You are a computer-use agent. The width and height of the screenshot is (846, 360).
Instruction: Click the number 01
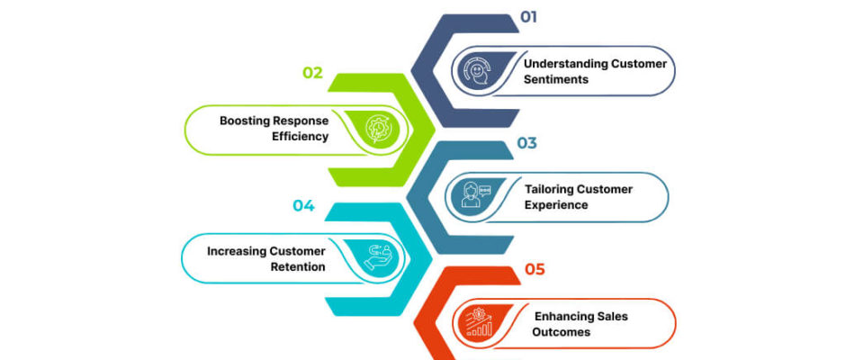tap(529, 17)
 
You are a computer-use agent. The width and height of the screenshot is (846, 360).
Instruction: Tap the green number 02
tap(312, 73)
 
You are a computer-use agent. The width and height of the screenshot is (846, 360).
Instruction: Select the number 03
tap(527, 143)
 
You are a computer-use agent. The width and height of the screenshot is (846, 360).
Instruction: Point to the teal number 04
tap(303, 205)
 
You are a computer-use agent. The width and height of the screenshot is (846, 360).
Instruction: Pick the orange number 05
tap(535, 269)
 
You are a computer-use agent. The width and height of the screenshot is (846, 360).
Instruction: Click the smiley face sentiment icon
tap(477, 72)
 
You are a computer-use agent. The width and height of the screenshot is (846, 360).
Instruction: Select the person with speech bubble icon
tap(473, 194)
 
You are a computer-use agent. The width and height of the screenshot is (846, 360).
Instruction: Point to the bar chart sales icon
tap(479, 321)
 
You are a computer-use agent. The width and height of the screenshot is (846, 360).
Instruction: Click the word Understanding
tap(565, 64)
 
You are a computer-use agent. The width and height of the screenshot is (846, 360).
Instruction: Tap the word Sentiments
tap(556, 80)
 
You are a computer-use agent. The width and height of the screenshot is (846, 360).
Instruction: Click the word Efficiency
tap(302, 137)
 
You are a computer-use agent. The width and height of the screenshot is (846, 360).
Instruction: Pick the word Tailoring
tap(549, 189)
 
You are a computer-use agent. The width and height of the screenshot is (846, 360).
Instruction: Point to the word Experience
tap(556, 205)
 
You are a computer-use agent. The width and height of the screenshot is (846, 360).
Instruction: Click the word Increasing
tap(237, 251)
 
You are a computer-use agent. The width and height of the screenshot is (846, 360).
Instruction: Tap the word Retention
tap(298, 267)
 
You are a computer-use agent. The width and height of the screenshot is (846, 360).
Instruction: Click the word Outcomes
tap(561, 332)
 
